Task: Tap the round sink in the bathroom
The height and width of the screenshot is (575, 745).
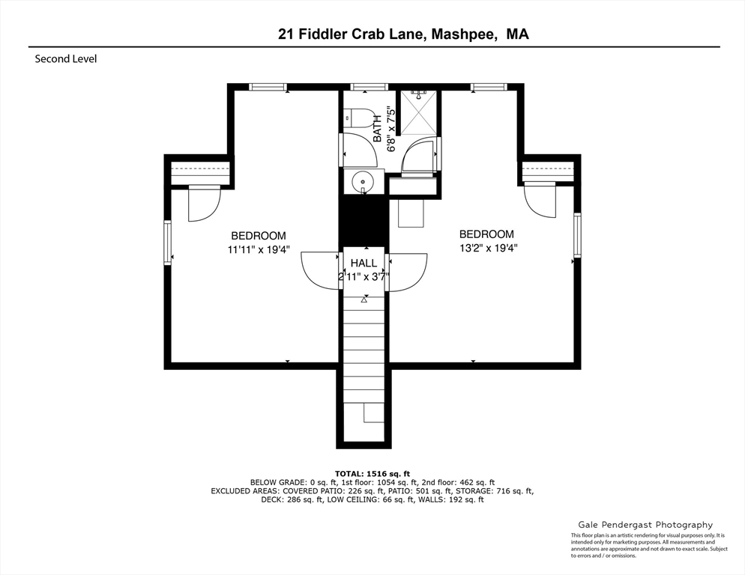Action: tap(363, 181)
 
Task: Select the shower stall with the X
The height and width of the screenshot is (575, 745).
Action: tap(418, 112)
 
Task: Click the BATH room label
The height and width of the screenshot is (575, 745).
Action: tap(377, 129)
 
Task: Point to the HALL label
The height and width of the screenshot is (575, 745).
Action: tap(364, 263)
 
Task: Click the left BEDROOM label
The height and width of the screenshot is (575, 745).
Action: tap(259, 236)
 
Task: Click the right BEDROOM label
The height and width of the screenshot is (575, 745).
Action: tap(486, 234)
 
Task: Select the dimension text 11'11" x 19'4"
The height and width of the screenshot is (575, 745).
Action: tap(259, 249)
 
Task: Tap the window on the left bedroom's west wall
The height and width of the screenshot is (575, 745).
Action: tap(168, 243)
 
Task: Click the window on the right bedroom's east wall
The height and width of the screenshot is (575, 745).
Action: tap(577, 235)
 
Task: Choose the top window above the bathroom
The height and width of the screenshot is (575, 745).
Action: tap(370, 87)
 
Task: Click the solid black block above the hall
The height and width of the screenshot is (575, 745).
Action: tap(364, 222)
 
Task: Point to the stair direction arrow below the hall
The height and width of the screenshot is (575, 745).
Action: tap(364, 299)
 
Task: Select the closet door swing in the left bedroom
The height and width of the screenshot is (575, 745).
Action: tap(205, 204)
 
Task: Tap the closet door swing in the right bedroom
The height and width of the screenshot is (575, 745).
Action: tap(540, 201)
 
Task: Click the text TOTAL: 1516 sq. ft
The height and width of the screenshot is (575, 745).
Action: tap(372, 473)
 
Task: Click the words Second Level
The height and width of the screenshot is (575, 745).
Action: tap(65, 59)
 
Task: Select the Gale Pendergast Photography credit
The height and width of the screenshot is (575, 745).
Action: tap(645, 525)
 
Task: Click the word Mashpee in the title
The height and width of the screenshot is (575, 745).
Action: tap(465, 34)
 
